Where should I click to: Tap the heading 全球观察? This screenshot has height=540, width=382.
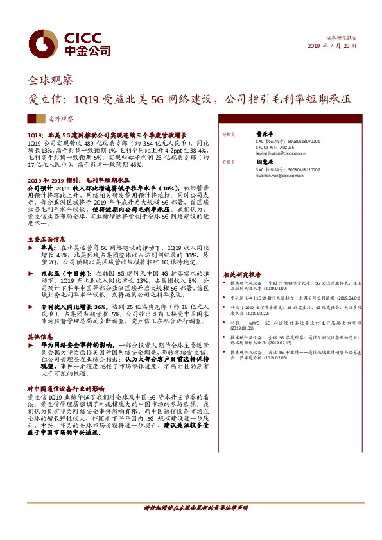tap(51, 80)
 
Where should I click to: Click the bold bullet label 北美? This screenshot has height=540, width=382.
tap(49, 246)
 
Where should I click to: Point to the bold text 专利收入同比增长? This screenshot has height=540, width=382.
tap(71, 307)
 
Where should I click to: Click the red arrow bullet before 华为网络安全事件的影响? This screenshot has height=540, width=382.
tap(33, 344)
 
